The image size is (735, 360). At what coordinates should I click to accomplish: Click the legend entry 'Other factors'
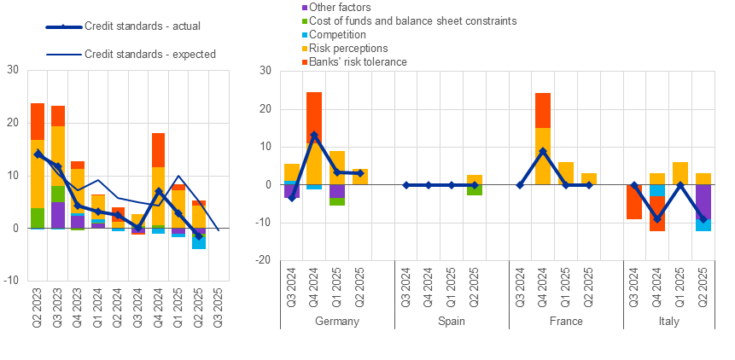coord(312,7)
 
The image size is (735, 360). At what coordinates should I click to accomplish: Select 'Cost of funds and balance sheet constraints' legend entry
coord(400,20)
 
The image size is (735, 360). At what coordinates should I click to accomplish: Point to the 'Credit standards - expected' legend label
coord(149,54)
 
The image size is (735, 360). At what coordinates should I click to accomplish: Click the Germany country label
coord(337,322)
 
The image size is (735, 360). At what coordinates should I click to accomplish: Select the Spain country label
coord(452,322)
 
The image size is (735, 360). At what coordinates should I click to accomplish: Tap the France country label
coord(565,322)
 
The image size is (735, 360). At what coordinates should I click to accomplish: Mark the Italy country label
coord(680,322)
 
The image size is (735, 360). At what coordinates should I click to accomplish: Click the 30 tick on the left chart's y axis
coord(14,69)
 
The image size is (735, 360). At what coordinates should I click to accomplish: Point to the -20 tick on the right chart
coord(264,260)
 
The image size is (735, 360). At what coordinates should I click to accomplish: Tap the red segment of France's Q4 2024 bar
coord(543,110)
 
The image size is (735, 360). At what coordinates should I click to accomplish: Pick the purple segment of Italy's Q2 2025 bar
coord(703,201)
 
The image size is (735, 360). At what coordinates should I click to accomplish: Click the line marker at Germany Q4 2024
coord(314,135)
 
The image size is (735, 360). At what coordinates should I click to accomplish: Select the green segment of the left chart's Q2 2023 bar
coord(38,218)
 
